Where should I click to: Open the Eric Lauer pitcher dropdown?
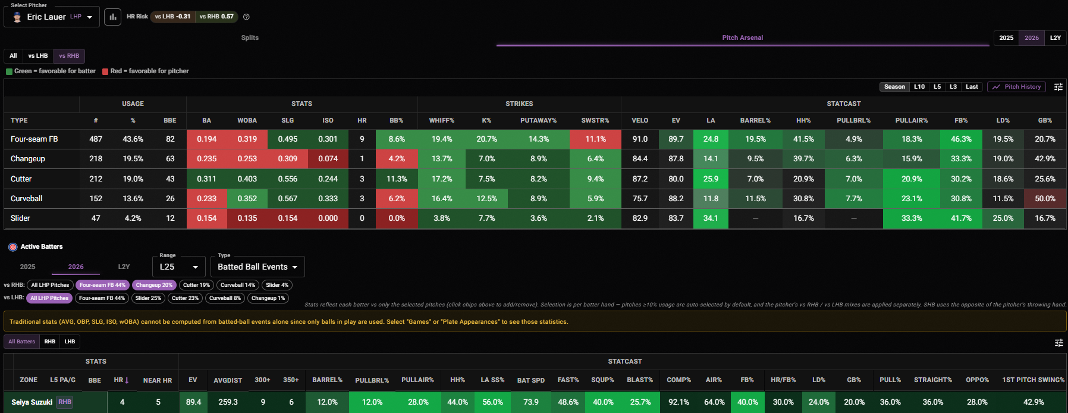click(52, 17)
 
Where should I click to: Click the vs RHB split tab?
click(69, 56)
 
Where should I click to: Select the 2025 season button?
click(1006, 38)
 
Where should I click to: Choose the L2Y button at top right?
click(1056, 38)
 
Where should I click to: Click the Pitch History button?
click(1017, 87)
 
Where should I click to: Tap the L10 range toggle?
click(919, 87)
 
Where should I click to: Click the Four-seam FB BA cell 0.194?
click(207, 139)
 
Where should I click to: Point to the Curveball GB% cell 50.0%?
click(1045, 199)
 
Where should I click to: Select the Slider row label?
click(20, 218)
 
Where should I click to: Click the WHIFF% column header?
click(442, 120)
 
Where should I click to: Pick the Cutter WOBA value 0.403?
click(247, 179)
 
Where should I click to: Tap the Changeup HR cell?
click(362, 159)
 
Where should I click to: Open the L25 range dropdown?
click(179, 267)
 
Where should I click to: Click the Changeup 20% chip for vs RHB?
click(154, 285)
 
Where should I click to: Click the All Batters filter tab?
click(21, 342)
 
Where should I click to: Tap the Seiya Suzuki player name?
click(32, 402)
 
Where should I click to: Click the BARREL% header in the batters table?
click(327, 380)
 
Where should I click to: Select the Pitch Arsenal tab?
click(743, 38)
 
